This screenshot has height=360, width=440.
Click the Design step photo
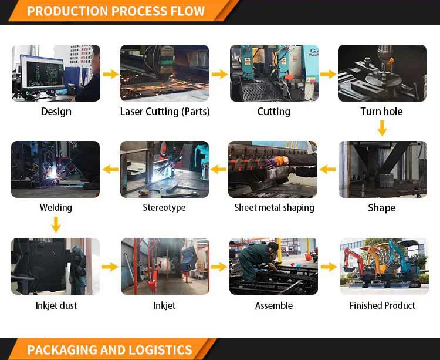coord(56,73)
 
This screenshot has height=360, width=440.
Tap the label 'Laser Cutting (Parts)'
coord(165,112)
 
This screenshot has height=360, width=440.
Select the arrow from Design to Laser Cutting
coord(110,74)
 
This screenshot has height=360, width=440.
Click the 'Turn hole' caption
coord(381,112)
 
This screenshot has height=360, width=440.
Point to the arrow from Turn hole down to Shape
coord(382,127)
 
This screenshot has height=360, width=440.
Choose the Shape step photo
coord(383,169)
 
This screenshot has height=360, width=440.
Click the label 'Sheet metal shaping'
coord(274,207)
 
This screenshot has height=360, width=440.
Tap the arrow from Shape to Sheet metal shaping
coord(327,170)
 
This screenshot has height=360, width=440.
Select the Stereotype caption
coord(164,207)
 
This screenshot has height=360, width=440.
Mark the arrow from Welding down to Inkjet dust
coord(56,224)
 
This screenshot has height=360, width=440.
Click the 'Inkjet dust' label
coord(56,305)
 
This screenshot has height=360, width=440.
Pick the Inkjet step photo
coord(165,266)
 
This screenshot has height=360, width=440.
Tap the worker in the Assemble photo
coord(258,259)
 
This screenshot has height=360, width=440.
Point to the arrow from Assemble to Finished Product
coord(329,267)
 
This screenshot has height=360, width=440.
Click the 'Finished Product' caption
coord(383,305)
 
